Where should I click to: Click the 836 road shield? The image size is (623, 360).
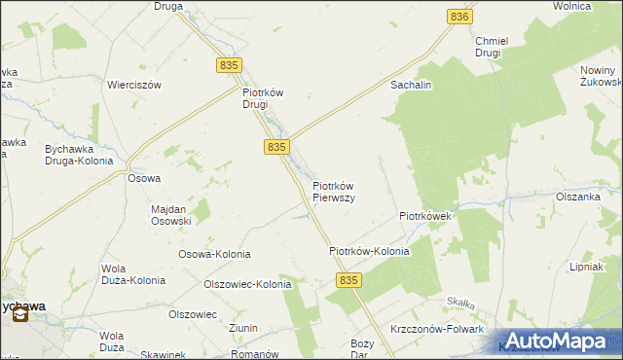[460, 17]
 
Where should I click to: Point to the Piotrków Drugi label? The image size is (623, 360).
[262, 98]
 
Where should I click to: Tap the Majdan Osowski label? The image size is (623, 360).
[171, 214]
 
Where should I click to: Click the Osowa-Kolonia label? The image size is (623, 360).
[214, 254]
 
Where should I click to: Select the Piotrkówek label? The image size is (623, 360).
[424, 216]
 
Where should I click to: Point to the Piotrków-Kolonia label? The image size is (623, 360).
[369, 251]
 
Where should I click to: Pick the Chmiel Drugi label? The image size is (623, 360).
[488, 47]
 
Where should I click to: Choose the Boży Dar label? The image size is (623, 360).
[362, 349]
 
